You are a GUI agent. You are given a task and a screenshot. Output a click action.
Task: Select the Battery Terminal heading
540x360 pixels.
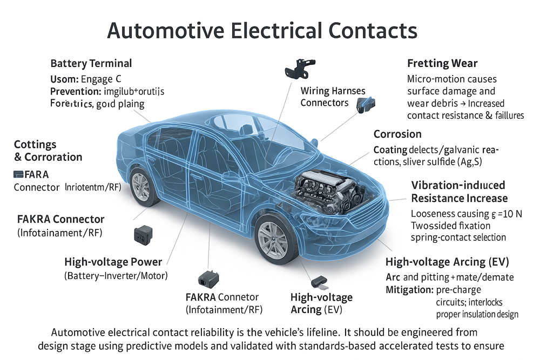[x=91, y=64]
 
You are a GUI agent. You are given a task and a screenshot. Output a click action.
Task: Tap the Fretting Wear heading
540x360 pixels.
[x=442, y=64]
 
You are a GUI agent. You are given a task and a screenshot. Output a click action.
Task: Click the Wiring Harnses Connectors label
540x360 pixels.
[x=333, y=97]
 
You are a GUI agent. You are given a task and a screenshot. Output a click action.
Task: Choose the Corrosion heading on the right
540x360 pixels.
[x=397, y=134]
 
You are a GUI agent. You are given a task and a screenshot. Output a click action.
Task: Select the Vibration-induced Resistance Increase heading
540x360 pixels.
[x=459, y=192]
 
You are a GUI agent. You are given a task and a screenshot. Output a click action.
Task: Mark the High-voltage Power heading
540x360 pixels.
[x=113, y=262]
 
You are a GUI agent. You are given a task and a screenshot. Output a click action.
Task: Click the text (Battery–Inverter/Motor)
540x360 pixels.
[x=116, y=276]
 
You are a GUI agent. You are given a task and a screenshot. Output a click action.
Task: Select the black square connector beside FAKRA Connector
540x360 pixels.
[x=141, y=235]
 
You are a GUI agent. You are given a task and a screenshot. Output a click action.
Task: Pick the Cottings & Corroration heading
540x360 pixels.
[x=48, y=151]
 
